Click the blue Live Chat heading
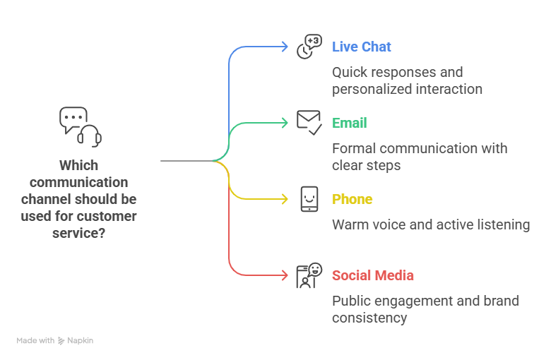coord(361,47)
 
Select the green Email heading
coord(350,124)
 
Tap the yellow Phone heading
coord(352,200)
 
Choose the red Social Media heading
coord(373,276)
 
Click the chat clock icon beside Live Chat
coord(309,47)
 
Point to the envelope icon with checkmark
coord(309,123)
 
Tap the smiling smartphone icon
coord(309,199)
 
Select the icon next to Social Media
coord(309,275)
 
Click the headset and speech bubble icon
coord(80,126)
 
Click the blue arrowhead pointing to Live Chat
coord(284,47)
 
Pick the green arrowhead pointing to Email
coord(284,123)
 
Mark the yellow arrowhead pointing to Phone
coord(284,199)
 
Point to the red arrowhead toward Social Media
coord(284,275)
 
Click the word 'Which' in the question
coord(78,166)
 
